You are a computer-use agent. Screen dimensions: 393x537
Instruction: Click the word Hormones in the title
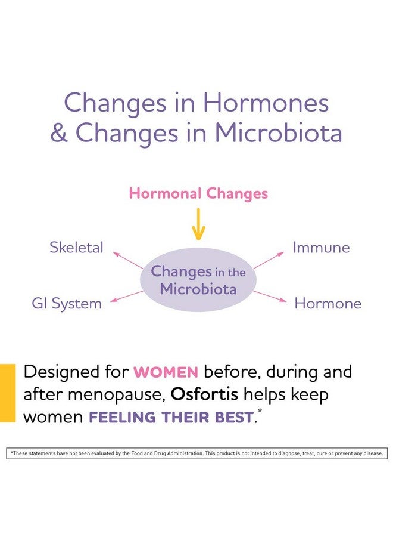point(266,103)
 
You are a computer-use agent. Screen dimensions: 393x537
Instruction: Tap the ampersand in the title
point(59,132)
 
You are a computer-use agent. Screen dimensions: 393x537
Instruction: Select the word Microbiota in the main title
point(279,132)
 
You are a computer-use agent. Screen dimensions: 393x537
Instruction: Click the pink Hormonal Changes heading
point(198,193)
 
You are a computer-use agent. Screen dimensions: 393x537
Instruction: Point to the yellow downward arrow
point(198,224)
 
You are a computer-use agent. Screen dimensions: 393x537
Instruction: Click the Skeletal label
point(76,247)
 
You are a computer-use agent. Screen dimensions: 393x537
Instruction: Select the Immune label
point(321,248)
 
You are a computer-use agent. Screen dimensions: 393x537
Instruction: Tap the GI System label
point(67,304)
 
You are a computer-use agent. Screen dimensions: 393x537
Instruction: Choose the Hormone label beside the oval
point(328,304)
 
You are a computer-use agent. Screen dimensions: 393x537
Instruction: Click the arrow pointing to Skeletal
point(128,260)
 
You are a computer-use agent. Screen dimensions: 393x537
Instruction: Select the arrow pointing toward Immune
point(269,260)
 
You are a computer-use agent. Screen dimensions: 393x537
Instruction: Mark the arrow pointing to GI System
point(127,297)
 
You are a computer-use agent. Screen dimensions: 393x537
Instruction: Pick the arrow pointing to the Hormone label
point(270,296)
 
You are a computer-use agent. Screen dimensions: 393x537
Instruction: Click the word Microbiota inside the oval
point(198,289)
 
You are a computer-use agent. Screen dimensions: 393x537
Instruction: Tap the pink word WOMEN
point(166,372)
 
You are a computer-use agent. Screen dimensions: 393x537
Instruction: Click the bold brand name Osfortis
point(204,394)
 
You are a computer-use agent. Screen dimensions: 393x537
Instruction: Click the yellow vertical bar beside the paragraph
point(8,393)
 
